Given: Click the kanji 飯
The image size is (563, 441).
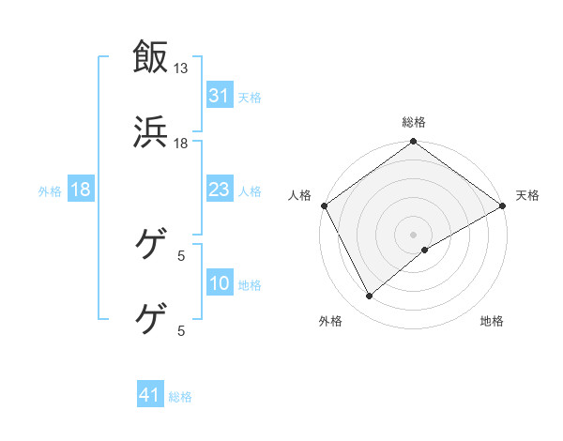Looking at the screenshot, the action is (151, 56).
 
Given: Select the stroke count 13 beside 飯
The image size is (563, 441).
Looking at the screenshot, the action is (181, 68).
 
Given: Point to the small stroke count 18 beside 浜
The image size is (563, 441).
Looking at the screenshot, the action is (181, 143).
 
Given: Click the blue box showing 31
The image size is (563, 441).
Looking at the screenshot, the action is (219, 96).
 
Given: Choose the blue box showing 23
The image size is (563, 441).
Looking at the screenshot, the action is (219, 190).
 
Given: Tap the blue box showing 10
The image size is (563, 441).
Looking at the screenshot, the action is (219, 283).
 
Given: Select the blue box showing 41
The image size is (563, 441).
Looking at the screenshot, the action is (150, 395).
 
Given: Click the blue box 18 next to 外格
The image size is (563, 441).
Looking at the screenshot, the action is (80, 190).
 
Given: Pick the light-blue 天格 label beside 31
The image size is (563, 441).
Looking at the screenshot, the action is (250, 97).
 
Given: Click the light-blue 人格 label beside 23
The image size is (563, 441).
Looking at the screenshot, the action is (250, 190).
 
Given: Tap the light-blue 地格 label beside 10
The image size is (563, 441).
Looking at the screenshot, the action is (250, 284).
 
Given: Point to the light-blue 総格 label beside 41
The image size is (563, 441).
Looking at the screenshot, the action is (180, 396).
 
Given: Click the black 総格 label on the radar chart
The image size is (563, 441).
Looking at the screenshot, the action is (414, 122).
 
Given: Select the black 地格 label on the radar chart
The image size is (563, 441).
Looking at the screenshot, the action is (492, 321).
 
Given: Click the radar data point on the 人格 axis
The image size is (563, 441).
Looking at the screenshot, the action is (324, 205).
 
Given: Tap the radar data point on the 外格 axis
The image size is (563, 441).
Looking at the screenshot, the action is (370, 296).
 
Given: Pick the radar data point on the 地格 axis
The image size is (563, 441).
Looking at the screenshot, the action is (425, 250).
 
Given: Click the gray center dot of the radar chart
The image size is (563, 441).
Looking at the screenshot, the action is (414, 234).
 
